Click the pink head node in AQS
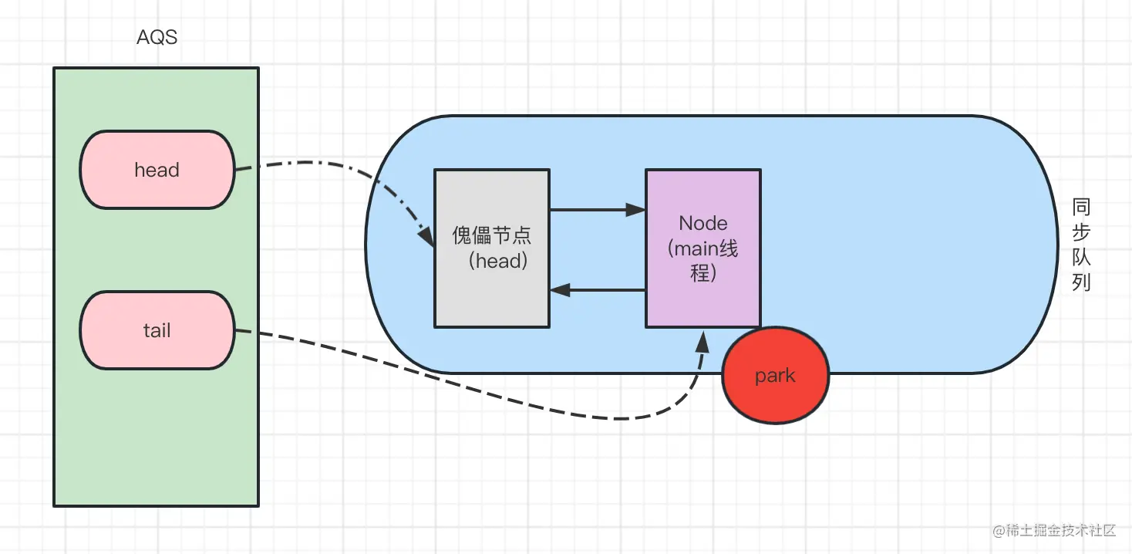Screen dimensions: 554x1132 [157, 170]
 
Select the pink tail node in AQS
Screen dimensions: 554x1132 [157, 330]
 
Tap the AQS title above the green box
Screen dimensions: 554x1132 [157, 37]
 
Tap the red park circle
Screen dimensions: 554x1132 [775, 377]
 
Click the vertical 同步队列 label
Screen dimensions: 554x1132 [1081, 245]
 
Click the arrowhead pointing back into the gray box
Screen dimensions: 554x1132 [559, 290]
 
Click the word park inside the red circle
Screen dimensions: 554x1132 [775, 377]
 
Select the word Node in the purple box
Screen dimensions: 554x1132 [702, 224]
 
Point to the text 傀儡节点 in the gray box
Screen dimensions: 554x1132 [491, 235]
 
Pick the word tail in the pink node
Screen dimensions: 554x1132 [157, 330]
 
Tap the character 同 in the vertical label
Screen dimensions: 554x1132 [1081, 207]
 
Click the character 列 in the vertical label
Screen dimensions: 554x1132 [1081, 282]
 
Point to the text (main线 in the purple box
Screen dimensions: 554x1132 [702, 249]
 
